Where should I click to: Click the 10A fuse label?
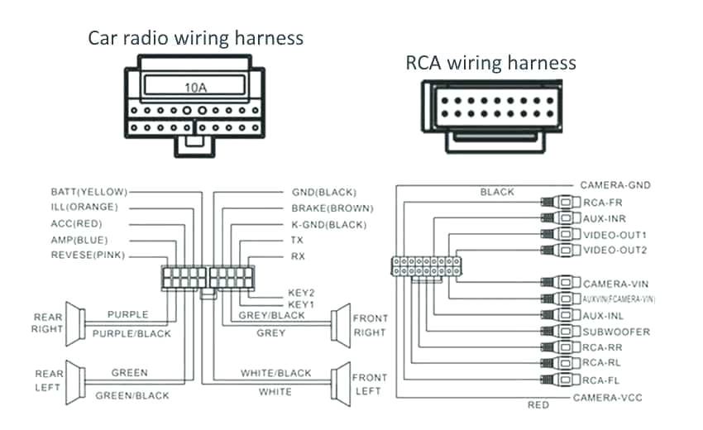coord(195,85)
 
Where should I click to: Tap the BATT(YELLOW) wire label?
coord(88,191)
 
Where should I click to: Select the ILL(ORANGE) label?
coord(84,207)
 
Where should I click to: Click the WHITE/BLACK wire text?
coord(275,374)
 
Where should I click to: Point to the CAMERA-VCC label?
coord(608,398)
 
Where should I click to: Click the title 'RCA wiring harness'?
coord(490,63)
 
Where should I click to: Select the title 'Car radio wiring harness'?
coord(196,38)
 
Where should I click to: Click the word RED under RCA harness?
coord(538,405)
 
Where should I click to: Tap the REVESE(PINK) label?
coord(88,256)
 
